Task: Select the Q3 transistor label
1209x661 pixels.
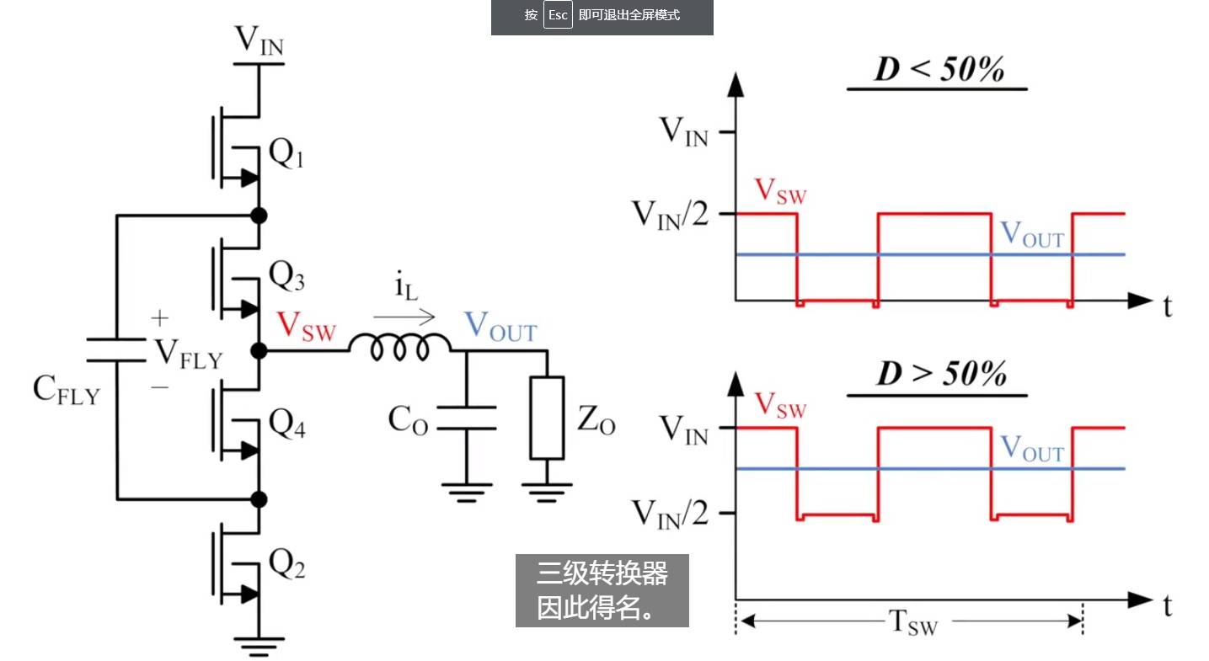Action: pos(286,275)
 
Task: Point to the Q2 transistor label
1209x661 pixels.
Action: pos(286,563)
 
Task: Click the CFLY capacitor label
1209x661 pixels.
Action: pos(67,389)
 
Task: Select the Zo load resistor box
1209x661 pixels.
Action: pos(547,418)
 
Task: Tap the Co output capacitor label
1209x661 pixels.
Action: pos(408,420)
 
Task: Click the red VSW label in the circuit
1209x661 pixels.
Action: pos(307,327)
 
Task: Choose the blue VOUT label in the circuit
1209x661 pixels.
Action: pos(500,327)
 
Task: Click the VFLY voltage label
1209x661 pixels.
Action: pos(189,354)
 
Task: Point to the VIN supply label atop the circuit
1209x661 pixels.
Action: pos(259,40)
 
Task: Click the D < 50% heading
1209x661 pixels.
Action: pos(939,70)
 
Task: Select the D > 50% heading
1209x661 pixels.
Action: pos(941,373)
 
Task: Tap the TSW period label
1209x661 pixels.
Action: pos(913,622)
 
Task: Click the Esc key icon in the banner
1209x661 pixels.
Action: pos(558,14)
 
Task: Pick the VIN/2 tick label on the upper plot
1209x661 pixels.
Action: pos(670,215)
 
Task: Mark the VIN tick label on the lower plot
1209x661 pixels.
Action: pos(684,430)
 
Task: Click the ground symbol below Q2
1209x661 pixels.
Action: pos(259,647)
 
